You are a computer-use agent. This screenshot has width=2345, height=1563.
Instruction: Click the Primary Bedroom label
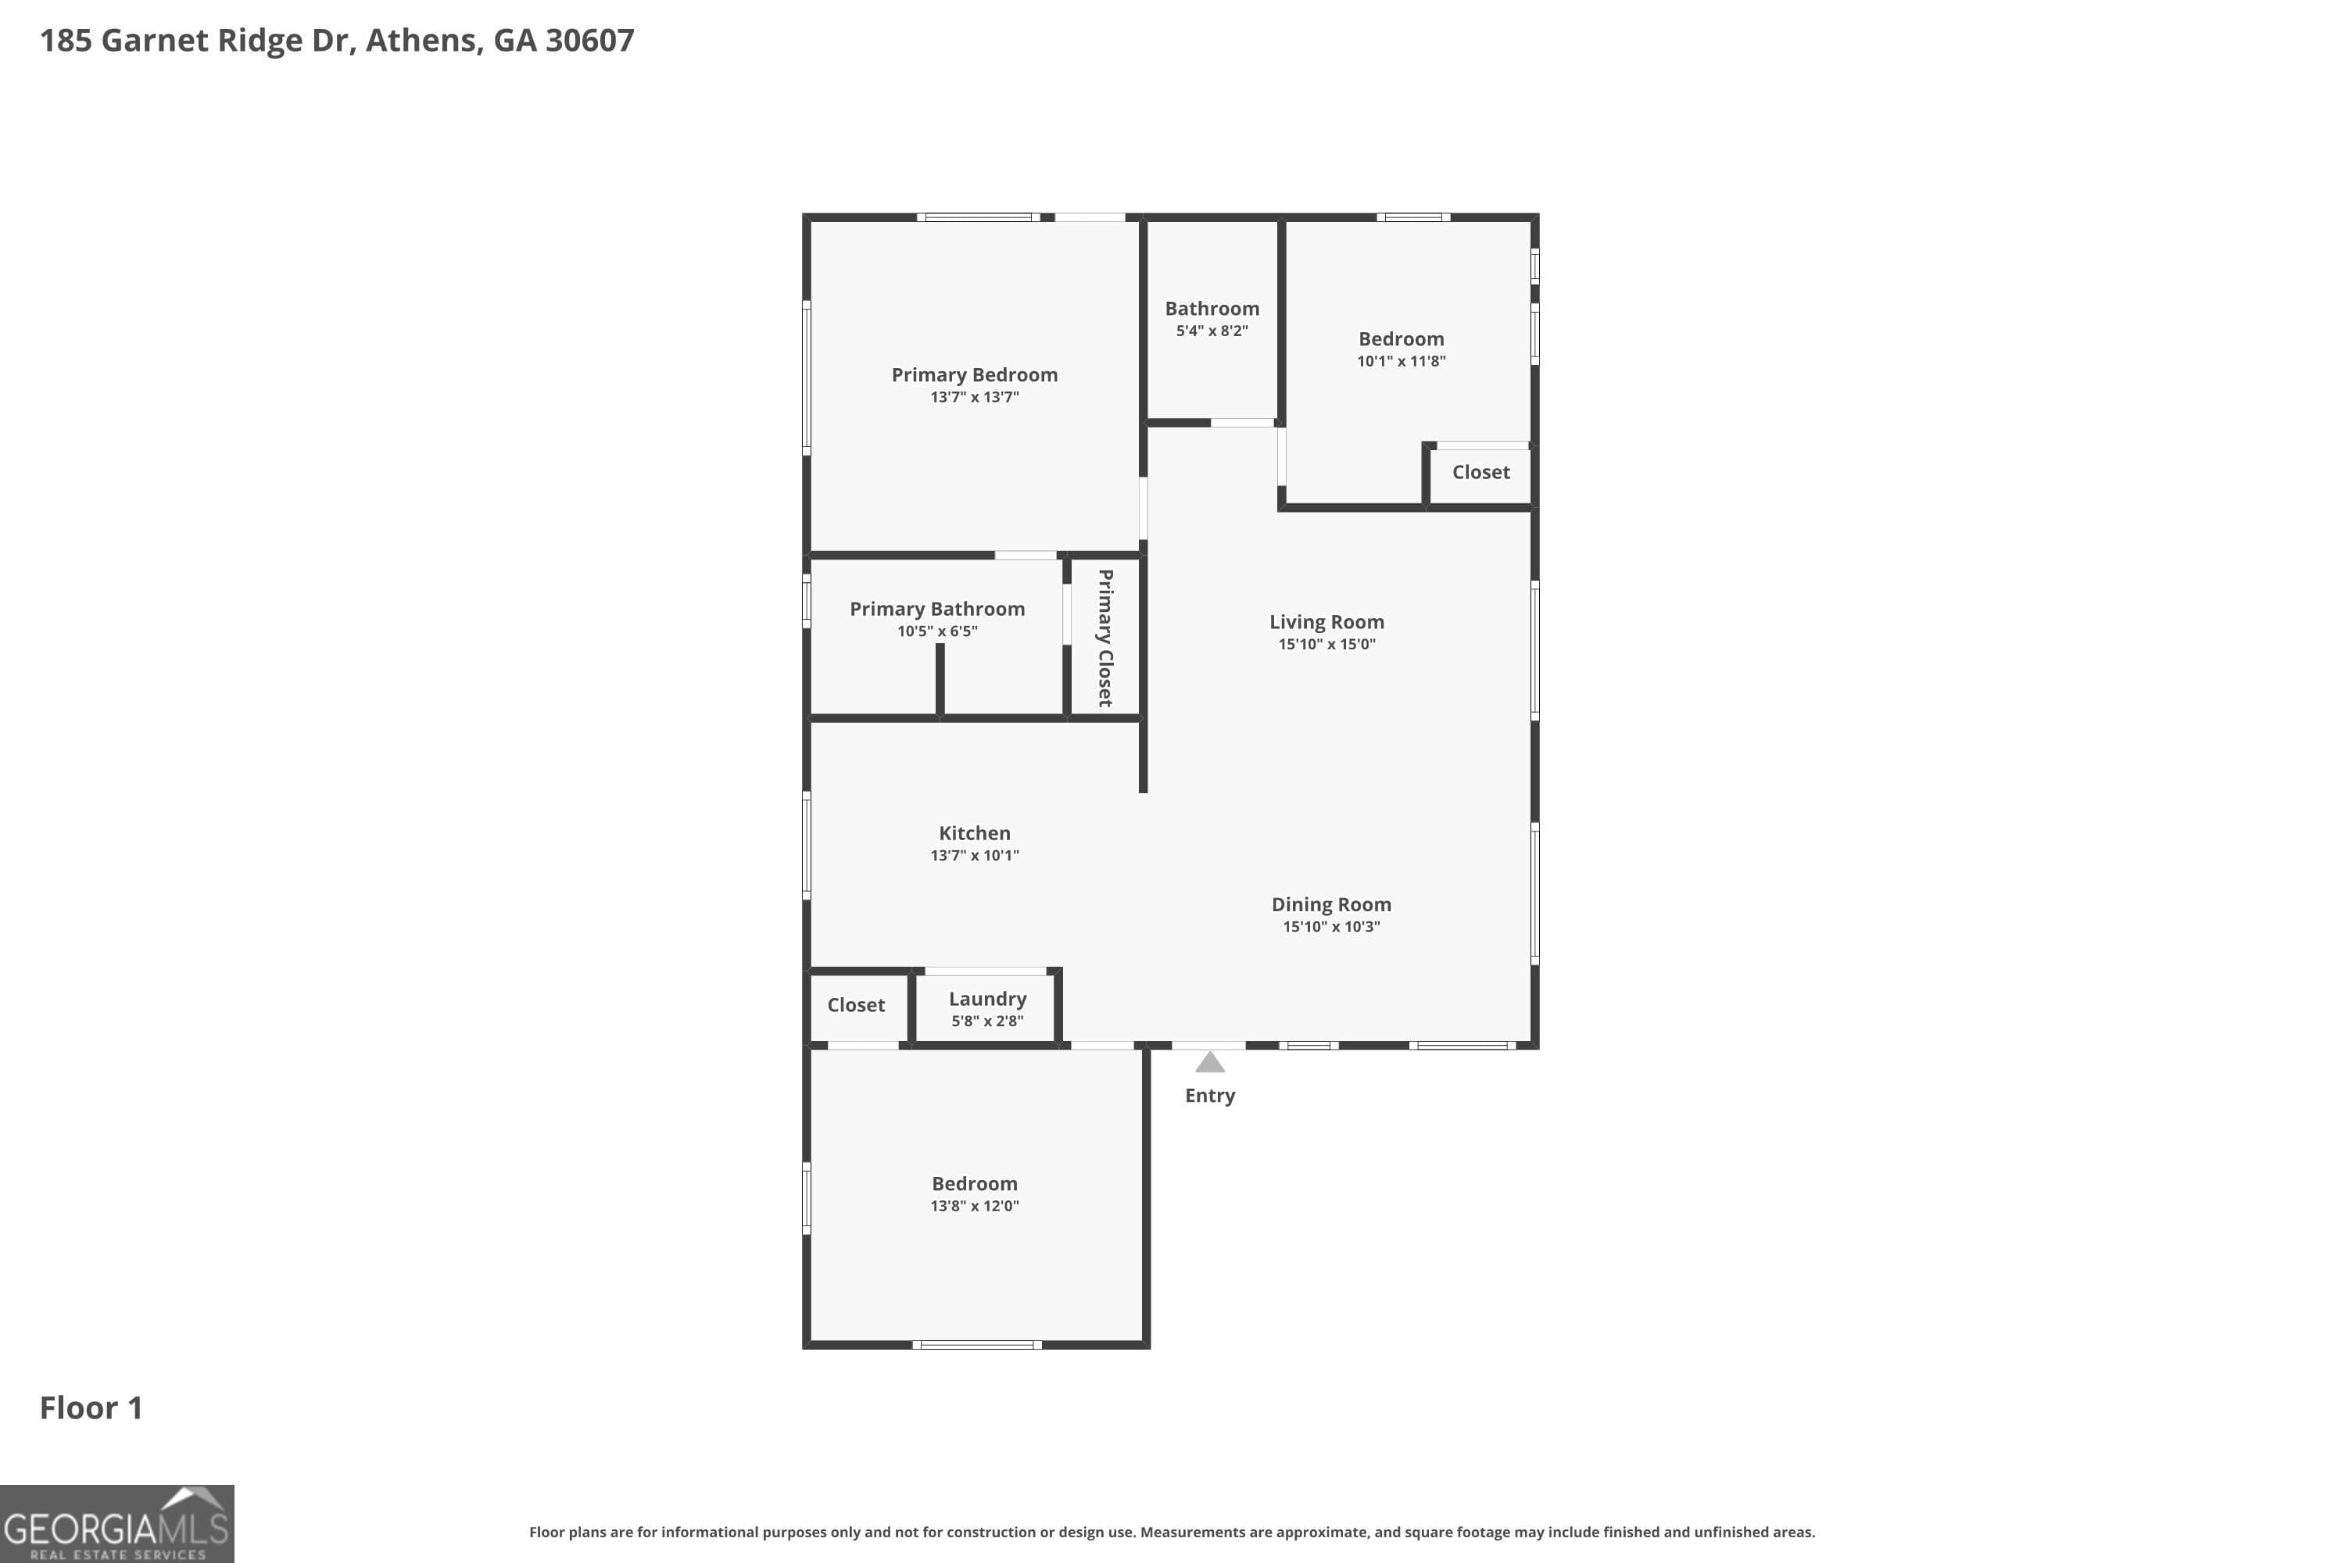(974, 375)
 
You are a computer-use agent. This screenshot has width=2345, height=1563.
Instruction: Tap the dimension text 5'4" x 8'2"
(1212, 331)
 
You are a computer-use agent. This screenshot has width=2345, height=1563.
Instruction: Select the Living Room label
(1326, 622)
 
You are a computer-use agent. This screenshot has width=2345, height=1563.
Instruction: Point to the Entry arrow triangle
(1209, 1063)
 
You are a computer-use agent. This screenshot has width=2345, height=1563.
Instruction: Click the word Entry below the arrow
(1209, 1096)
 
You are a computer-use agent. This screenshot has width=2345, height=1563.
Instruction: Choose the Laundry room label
(987, 999)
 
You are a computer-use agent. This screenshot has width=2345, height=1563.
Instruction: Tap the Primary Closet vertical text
(1104, 638)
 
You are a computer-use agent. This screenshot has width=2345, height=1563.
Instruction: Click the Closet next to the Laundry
(855, 1005)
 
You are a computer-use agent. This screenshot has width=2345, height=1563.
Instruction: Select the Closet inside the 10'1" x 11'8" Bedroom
(1480, 473)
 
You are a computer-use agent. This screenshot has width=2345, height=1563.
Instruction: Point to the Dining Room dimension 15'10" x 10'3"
(1331, 927)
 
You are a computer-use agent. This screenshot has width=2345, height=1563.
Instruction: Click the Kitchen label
(974, 833)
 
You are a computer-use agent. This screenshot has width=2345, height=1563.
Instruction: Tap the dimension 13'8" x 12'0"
(974, 1206)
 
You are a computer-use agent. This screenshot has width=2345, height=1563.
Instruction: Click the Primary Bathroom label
(936, 609)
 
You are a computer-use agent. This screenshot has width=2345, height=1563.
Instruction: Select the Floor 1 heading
(91, 1407)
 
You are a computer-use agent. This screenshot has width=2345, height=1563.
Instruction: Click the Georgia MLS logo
(116, 1524)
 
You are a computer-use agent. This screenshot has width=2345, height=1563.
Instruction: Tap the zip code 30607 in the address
(589, 40)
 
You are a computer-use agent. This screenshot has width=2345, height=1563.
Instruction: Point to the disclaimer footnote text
(1172, 1532)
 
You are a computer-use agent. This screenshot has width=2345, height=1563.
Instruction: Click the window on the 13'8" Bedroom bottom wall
(977, 1345)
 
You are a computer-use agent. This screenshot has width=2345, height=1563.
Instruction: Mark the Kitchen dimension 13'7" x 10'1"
(974, 855)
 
